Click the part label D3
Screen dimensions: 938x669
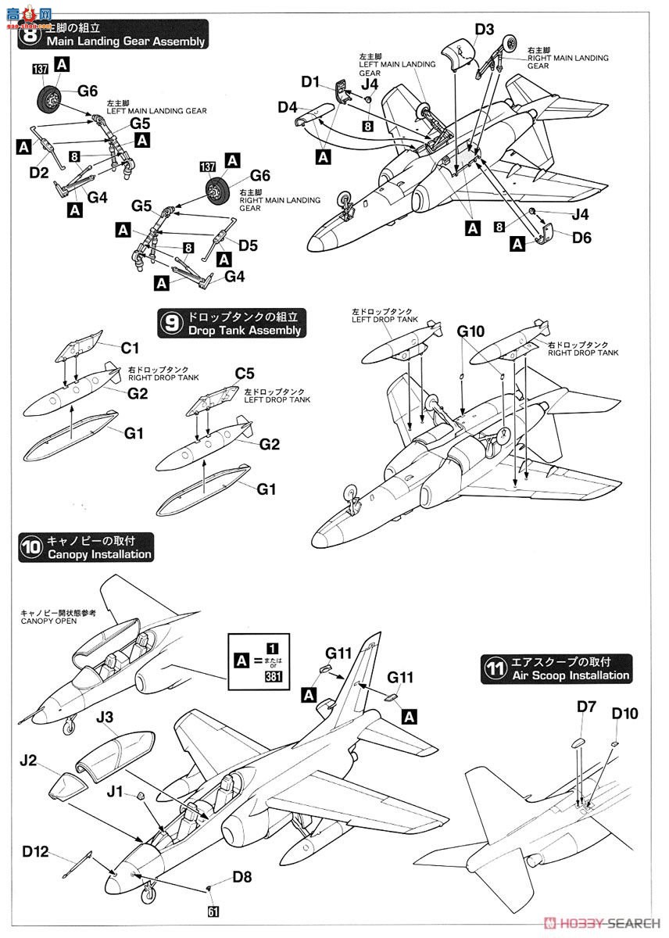pyautogui.click(x=484, y=30)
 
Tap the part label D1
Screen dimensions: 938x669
pyautogui.click(x=310, y=81)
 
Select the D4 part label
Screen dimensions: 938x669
pyautogui.click(x=287, y=107)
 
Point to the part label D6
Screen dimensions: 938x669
pyautogui.click(x=581, y=238)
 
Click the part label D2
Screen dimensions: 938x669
pyautogui.click(x=39, y=171)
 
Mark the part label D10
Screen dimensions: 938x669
pyautogui.click(x=625, y=714)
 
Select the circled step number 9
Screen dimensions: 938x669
pyautogui.click(x=170, y=323)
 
